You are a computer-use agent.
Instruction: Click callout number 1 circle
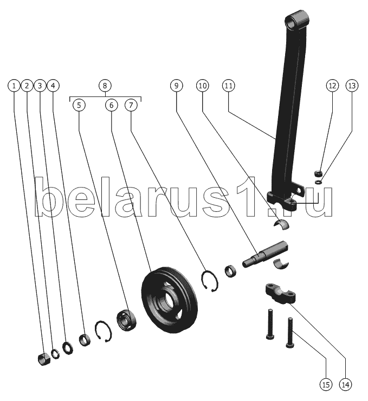[x=14, y=86]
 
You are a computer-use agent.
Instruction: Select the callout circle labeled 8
[x=105, y=86]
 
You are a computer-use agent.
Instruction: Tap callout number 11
[x=228, y=86]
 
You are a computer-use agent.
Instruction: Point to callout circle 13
[x=352, y=86]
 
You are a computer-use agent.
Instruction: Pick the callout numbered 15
[x=326, y=384]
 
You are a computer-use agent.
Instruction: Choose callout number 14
[x=345, y=384]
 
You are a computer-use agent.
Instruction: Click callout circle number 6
[x=111, y=105]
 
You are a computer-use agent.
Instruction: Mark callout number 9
[x=176, y=86]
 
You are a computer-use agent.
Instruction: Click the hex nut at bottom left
[x=44, y=359]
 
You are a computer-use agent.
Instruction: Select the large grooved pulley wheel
[x=170, y=300]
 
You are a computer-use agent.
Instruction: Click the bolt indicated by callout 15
[x=290, y=333]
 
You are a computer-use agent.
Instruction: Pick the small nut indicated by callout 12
[x=318, y=173]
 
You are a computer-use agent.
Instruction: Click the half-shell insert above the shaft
[x=281, y=224]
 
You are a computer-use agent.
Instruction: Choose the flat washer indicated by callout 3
[x=68, y=347]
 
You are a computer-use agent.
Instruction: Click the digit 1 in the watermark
[x=247, y=196]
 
